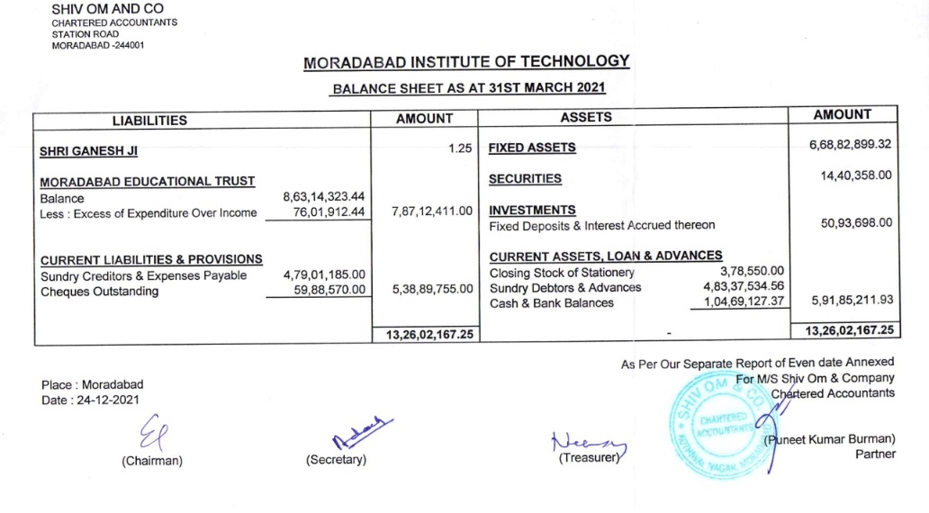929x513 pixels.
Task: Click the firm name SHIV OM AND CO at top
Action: (108, 9)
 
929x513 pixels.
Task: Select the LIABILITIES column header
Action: (150, 120)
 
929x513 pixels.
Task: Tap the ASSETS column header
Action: (586, 117)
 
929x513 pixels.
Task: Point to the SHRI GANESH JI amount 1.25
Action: (460, 148)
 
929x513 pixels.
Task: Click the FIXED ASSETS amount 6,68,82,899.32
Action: (851, 145)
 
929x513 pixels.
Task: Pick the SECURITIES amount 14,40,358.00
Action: (856, 175)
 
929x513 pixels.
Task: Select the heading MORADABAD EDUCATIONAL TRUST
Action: (148, 181)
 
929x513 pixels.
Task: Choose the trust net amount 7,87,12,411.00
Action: (432, 211)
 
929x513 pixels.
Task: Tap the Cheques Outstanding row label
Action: (99, 292)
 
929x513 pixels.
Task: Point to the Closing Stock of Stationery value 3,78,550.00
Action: (752, 271)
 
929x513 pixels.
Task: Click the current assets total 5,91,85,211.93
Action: (852, 300)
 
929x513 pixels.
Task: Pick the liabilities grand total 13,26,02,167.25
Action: (426, 335)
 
